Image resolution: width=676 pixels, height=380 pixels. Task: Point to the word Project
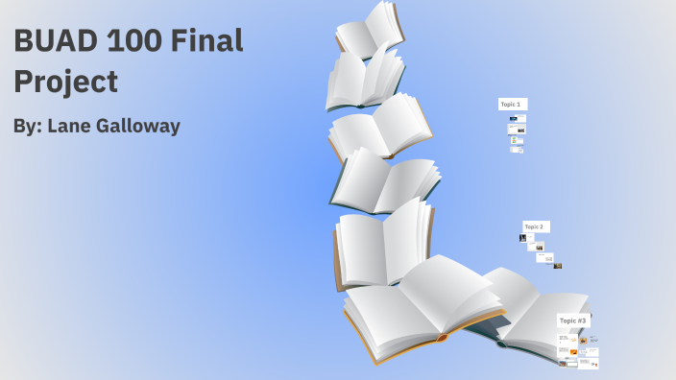[x=65, y=81]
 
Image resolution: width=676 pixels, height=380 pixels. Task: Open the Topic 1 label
[x=511, y=104]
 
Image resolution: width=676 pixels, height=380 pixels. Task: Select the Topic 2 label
[x=535, y=226]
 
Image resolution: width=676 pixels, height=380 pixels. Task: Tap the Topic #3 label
[x=572, y=321]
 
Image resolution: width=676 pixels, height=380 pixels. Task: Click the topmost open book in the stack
[x=372, y=29]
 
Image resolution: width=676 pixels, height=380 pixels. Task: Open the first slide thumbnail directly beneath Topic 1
[x=518, y=119]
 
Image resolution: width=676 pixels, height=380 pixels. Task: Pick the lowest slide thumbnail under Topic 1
[x=516, y=149]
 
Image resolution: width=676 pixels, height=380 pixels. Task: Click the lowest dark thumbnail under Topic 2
[x=557, y=266]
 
